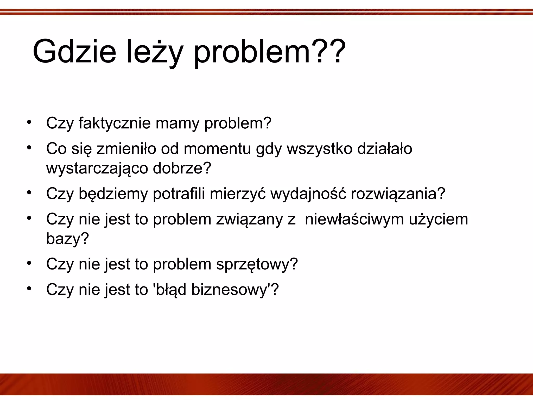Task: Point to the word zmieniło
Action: pos(126,149)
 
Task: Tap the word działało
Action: pos(385,149)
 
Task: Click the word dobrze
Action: pos(179,168)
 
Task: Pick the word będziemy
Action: pos(113,194)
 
